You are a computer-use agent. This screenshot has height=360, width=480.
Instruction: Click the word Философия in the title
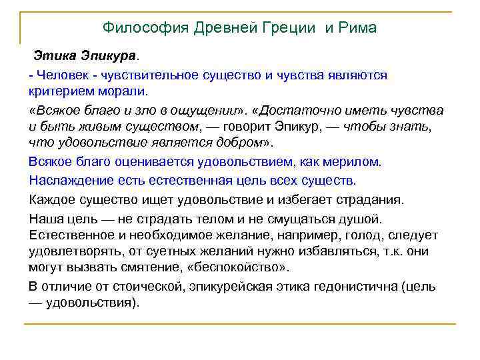[x=145, y=28]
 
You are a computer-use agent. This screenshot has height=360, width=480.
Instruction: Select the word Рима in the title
[x=357, y=28]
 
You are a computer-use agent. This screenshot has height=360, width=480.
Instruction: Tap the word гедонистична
[x=353, y=287]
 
